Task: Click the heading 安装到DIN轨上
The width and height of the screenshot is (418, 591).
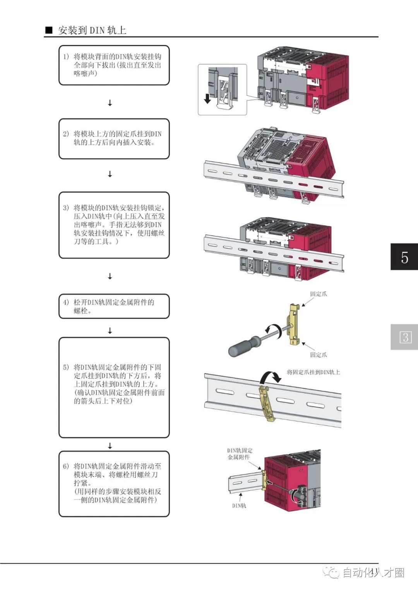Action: tap(92, 30)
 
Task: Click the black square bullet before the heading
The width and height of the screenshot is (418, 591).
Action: tap(49, 31)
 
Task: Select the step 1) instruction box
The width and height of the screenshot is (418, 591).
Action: tap(114, 65)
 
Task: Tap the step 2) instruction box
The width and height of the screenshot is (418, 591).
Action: tap(114, 138)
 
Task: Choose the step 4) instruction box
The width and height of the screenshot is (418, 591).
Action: tap(114, 306)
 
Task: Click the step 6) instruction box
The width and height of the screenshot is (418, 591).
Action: tap(114, 483)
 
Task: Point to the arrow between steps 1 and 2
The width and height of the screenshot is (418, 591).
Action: tap(110, 103)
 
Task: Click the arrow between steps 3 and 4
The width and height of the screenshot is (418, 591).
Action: tap(110, 276)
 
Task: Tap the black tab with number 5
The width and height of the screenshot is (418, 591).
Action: tap(404, 257)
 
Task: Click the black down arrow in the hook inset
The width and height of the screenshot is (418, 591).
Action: tap(207, 98)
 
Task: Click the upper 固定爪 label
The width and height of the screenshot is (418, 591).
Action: tap(318, 294)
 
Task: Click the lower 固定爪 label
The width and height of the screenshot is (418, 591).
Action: tap(318, 355)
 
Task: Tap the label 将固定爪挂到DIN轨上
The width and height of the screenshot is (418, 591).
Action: tap(313, 372)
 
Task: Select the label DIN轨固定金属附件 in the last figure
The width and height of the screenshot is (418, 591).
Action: tap(240, 454)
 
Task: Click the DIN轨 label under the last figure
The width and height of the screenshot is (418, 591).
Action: tap(239, 506)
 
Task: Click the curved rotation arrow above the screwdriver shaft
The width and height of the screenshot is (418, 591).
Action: tap(273, 330)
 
